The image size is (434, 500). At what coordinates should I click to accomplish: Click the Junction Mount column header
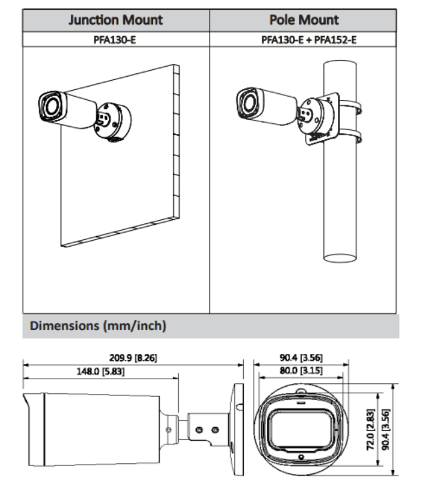tap(116, 20)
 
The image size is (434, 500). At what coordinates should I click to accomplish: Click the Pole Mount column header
tap(304, 20)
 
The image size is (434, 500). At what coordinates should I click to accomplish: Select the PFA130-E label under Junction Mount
tap(116, 39)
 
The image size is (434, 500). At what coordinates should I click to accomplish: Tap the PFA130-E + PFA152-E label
tap(304, 39)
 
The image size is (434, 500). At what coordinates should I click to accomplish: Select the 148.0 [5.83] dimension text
tap(101, 371)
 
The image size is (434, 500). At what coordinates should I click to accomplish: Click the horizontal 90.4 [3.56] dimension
tap(302, 357)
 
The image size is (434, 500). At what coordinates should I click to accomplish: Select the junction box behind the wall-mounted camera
tap(113, 122)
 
